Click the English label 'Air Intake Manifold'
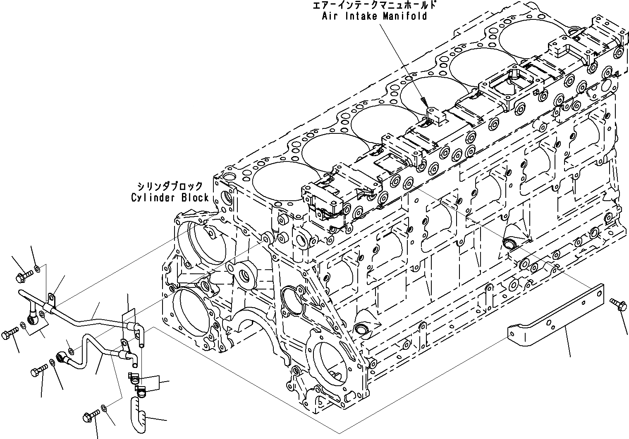coord(374,16)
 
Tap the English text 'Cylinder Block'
coord(170,197)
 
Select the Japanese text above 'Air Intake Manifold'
coord(374,5)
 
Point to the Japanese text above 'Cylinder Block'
coord(170,185)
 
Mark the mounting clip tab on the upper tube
coord(52,298)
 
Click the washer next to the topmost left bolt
coord(37,269)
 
